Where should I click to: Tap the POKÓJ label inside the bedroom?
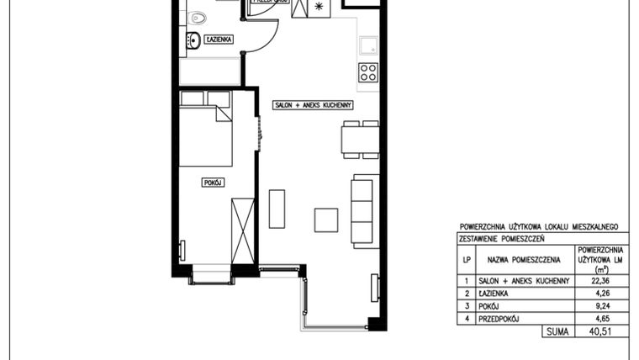click(x=214, y=182)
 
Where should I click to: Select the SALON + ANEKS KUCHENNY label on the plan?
click(x=311, y=105)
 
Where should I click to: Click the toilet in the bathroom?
click(x=198, y=16)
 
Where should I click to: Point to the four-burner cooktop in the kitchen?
click(x=368, y=72)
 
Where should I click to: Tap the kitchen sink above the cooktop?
click(x=368, y=45)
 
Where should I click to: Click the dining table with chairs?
click(x=360, y=138)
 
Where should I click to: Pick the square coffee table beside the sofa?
click(x=326, y=220)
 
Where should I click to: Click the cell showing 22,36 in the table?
click(x=600, y=281)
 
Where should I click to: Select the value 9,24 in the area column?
click(x=600, y=307)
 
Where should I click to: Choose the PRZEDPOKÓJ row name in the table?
click(x=499, y=320)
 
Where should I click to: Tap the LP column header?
click(x=466, y=260)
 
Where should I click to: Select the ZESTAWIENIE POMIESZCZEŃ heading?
click(x=503, y=239)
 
